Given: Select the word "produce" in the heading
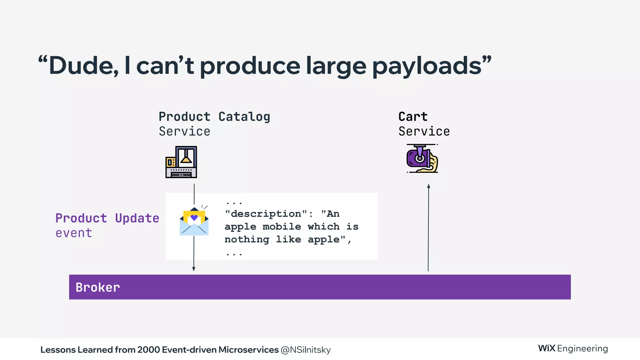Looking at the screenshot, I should (250, 66).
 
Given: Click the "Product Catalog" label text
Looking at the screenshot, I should (214, 117).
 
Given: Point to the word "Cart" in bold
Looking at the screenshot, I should (413, 117).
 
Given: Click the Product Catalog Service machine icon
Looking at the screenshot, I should (181, 162).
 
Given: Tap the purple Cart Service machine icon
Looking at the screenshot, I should (422, 159).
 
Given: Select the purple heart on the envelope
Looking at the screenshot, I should (194, 217).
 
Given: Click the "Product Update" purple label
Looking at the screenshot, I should (107, 218).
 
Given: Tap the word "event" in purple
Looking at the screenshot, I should (74, 233).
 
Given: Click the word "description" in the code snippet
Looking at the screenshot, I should (266, 214).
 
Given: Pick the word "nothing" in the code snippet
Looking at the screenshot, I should (247, 239).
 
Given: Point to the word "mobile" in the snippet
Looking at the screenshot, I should (282, 227).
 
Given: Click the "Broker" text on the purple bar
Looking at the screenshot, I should (98, 287).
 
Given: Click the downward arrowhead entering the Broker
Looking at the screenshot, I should (194, 269).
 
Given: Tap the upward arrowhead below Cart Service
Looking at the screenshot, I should (429, 186).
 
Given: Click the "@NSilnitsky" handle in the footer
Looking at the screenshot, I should (306, 350).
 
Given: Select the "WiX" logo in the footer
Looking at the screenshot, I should (547, 348).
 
